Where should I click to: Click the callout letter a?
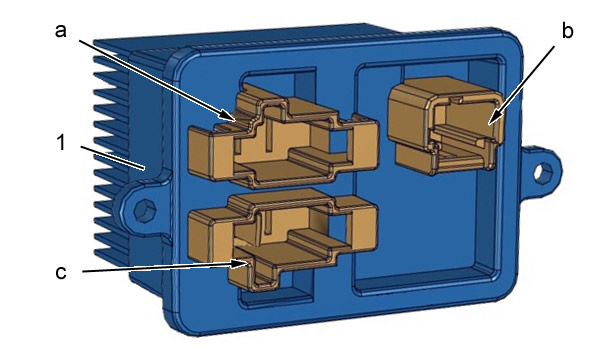click(60, 31)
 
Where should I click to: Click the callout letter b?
click(567, 30)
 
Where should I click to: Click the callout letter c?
click(60, 272)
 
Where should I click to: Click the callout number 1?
click(61, 142)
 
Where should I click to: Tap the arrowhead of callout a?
click(228, 116)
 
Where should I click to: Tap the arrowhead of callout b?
click(495, 117)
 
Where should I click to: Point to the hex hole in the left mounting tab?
click(145, 210)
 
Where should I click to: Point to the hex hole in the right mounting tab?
click(544, 173)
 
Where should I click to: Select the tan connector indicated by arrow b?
click(445, 124)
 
